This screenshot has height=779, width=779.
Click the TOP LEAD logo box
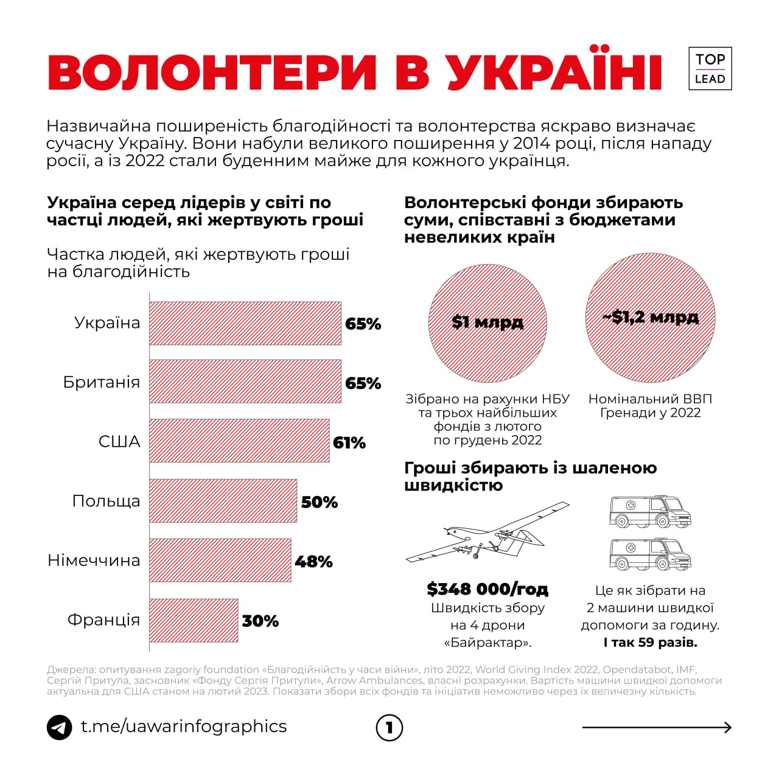710,69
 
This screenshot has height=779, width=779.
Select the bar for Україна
245,323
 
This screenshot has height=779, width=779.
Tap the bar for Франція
194,620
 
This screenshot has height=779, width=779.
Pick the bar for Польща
223,501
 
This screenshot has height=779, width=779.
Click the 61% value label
349,442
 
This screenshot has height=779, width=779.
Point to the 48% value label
313,561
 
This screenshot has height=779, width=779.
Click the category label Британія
102,382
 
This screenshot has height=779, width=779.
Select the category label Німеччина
94,560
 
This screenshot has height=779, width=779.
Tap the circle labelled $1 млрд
487,322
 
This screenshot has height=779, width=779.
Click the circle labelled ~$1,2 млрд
650,318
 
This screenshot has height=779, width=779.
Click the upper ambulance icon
650,512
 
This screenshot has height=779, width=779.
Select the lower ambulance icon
650,554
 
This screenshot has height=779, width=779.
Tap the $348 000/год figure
487,589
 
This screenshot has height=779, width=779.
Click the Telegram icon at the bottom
60,727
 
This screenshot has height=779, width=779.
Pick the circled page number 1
389,728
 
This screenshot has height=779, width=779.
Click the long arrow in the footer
657,727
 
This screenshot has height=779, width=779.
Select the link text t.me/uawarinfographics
184,727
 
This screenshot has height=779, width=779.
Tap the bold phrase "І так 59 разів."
650,643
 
